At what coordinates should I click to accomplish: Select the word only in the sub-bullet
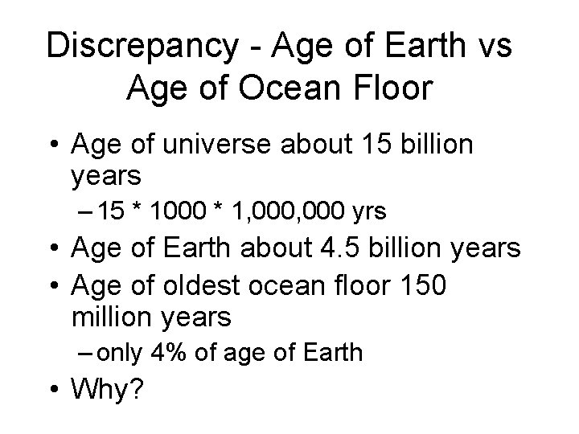pos(125,351)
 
